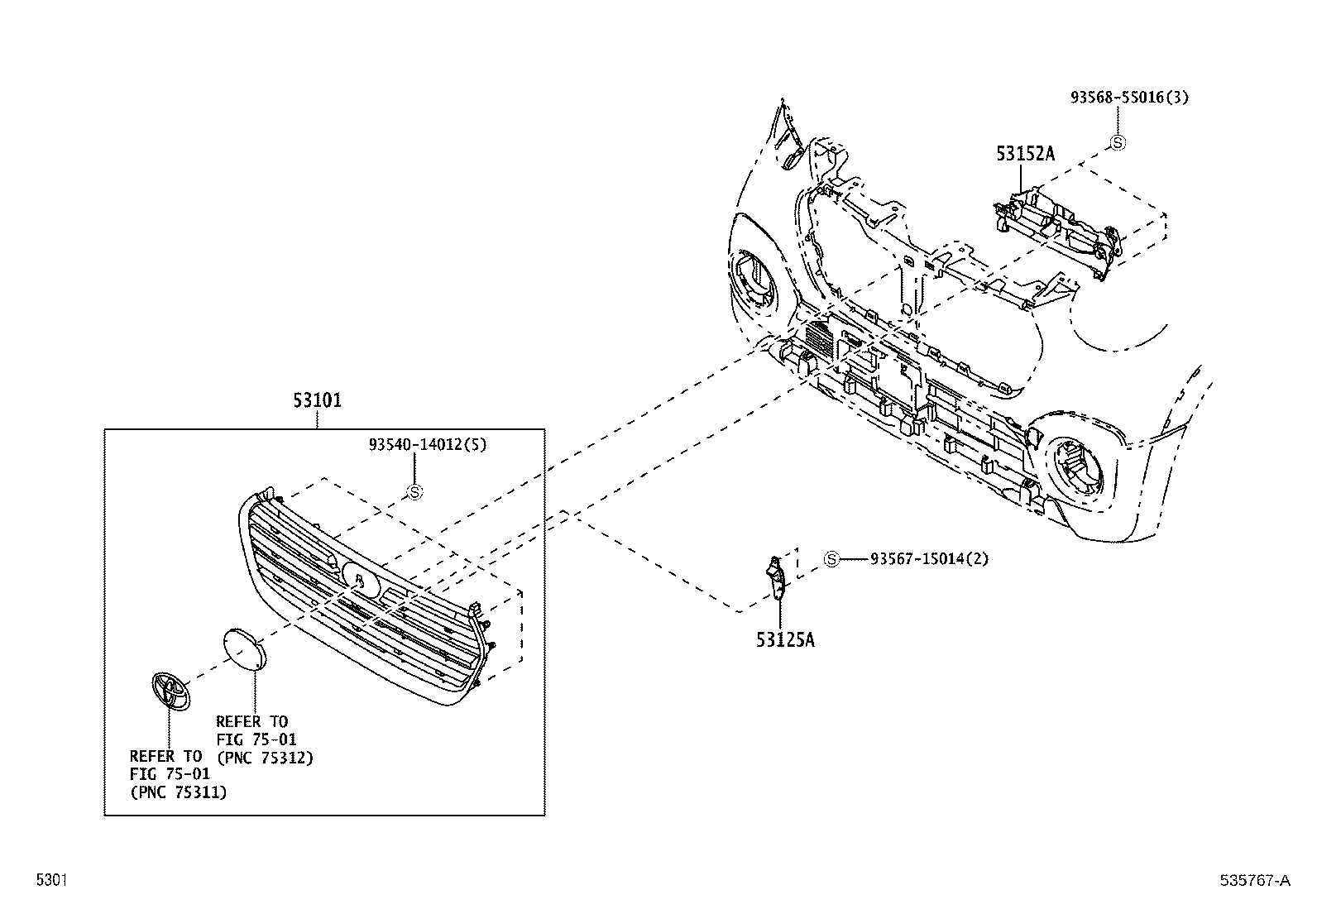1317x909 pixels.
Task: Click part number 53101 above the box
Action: pos(317,401)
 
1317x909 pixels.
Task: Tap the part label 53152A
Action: pos(1025,154)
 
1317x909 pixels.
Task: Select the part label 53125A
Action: pos(784,639)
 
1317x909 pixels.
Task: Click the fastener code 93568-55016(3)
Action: pos(1129,98)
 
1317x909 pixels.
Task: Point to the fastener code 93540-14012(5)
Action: pos(427,444)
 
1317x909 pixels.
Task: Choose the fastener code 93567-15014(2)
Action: pos(929,559)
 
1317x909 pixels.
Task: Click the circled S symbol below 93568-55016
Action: pos(1117,142)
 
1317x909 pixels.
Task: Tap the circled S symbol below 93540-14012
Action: pos(415,492)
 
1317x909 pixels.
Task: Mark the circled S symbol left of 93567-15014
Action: pos(831,560)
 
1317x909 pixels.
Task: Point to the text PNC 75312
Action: pos(265,757)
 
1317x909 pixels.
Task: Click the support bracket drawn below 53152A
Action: pos(1059,227)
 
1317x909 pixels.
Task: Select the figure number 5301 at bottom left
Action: pos(51,881)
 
